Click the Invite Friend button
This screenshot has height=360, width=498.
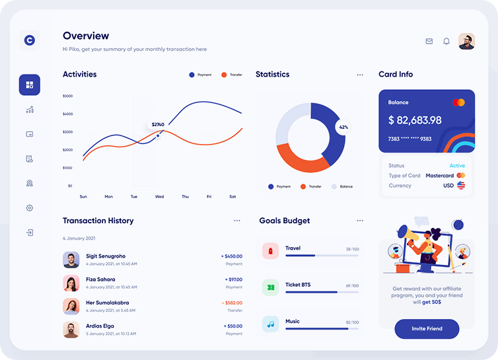[x=427, y=328]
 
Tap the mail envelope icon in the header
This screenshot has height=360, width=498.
[x=429, y=41]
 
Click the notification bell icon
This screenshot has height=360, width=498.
[x=446, y=41]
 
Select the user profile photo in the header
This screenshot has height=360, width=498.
[x=466, y=41]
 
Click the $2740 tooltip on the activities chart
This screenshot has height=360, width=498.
[x=158, y=124]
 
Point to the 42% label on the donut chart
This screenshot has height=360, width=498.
[x=343, y=127]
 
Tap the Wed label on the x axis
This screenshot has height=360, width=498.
[x=159, y=197]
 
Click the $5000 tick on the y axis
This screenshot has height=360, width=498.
[x=68, y=96]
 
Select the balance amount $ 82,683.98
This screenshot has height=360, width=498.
[x=415, y=120]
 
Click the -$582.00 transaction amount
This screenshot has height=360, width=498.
[x=232, y=303]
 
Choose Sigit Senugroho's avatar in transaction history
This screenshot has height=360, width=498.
[x=71, y=260]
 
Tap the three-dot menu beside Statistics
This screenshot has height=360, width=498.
[x=360, y=75]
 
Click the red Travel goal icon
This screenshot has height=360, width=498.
[x=270, y=251]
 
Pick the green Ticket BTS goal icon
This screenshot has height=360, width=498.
[x=270, y=287]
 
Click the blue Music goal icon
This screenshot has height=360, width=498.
[x=270, y=324]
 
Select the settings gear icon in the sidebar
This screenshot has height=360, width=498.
[x=30, y=208]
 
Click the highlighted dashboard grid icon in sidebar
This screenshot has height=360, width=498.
[x=30, y=85]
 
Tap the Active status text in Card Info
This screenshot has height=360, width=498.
[x=457, y=166]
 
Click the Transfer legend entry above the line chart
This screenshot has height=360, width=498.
[x=232, y=75]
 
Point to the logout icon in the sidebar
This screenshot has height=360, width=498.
[x=30, y=233]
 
